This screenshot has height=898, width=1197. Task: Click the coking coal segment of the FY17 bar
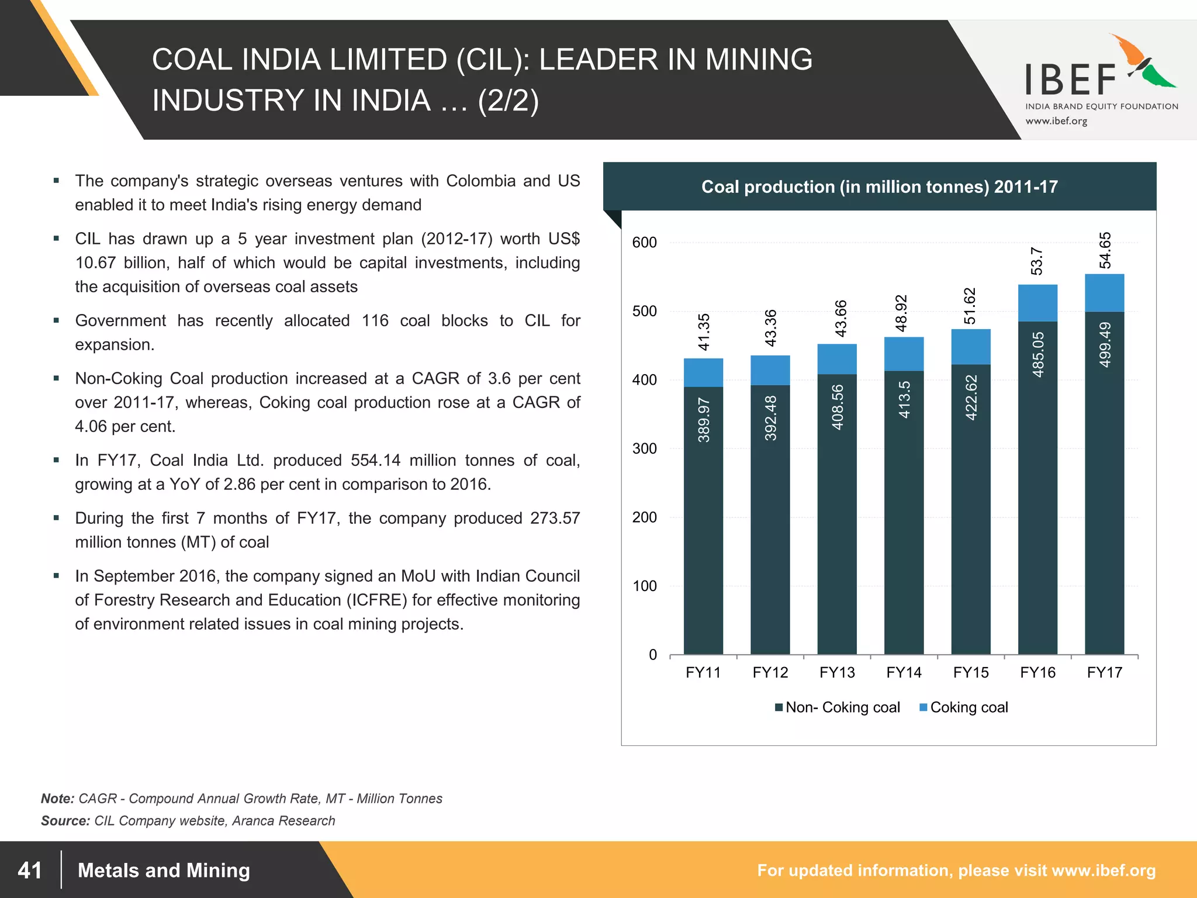(x=1104, y=292)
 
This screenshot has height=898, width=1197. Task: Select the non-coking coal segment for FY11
(x=703, y=520)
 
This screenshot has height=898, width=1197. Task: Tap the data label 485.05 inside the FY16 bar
(x=1038, y=354)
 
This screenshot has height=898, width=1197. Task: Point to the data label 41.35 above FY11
(x=704, y=331)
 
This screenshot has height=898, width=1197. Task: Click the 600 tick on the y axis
(x=644, y=243)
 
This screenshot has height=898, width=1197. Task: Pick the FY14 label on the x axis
(x=904, y=672)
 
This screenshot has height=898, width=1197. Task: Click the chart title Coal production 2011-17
(x=879, y=186)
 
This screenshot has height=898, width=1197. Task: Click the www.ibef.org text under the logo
(x=1056, y=121)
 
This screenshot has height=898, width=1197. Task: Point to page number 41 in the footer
(x=30, y=871)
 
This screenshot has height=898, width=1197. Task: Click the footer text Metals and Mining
(x=164, y=871)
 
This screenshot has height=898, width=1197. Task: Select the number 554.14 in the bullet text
(x=375, y=460)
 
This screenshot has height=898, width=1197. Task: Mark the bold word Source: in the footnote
(x=65, y=820)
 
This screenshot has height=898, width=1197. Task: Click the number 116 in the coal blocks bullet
(x=375, y=320)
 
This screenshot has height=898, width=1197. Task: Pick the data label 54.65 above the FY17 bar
(x=1105, y=250)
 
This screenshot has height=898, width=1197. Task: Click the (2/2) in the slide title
(x=508, y=100)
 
